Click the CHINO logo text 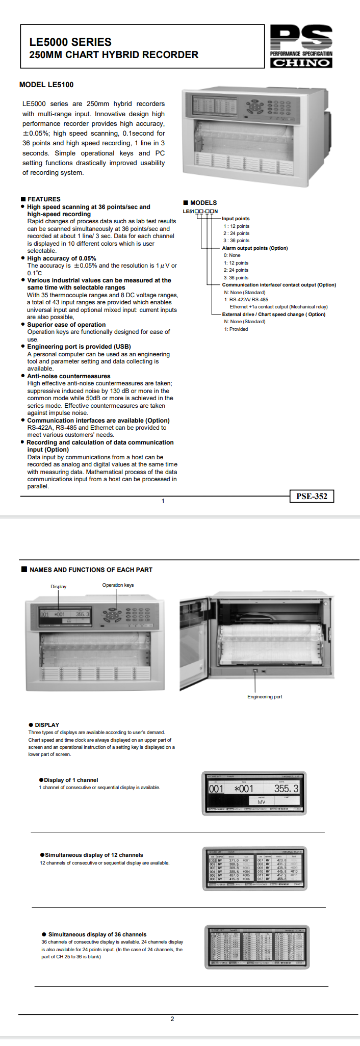(x=301, y=63)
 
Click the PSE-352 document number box (x=312, y=496)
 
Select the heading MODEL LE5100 (x=46, y=85)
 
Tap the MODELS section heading (x=203, y=203)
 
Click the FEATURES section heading (x=44, y=199)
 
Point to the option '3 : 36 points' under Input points (x=236, y=241)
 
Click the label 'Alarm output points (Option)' (x=255, y=248)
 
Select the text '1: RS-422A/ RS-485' (x=246, y=300)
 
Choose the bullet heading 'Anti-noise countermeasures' (x=69, y=376)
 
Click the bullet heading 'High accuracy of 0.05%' (x=62, y=258)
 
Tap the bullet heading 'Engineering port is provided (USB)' (x=79, y=347)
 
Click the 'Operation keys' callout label (x=118, y=585)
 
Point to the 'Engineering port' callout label (x=265, y=697)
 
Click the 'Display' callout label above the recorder (x=59, y=587)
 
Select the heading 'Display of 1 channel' (x=71, y=780)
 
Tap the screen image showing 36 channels (x=256, y=946)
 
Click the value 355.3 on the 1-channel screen (x=286, y=789)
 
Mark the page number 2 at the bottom (x=172, y=1019)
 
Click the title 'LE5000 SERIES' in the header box (x=70, y=42)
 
